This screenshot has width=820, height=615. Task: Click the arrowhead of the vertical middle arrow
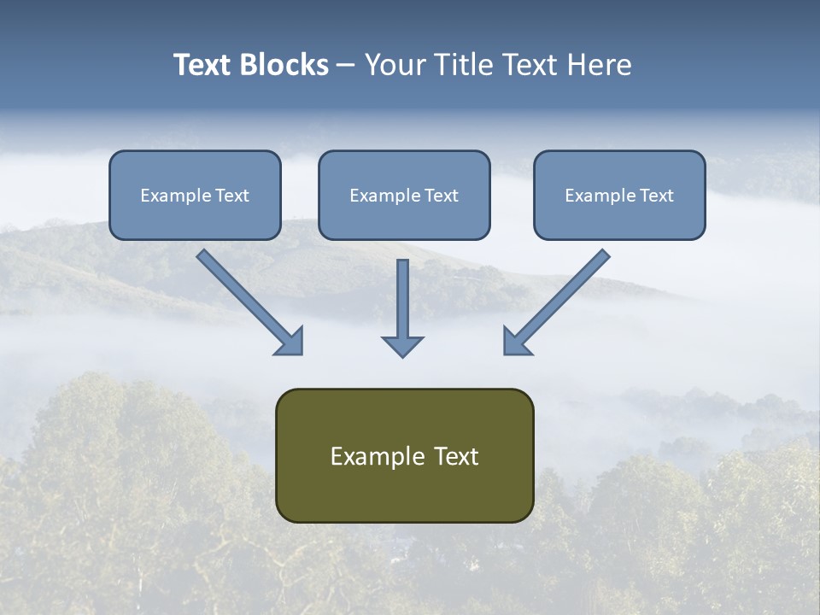[x=402, y=345]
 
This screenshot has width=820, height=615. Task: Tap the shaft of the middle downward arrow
[x=402, y=295]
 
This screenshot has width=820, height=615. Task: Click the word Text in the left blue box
[x=232, y=196]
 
